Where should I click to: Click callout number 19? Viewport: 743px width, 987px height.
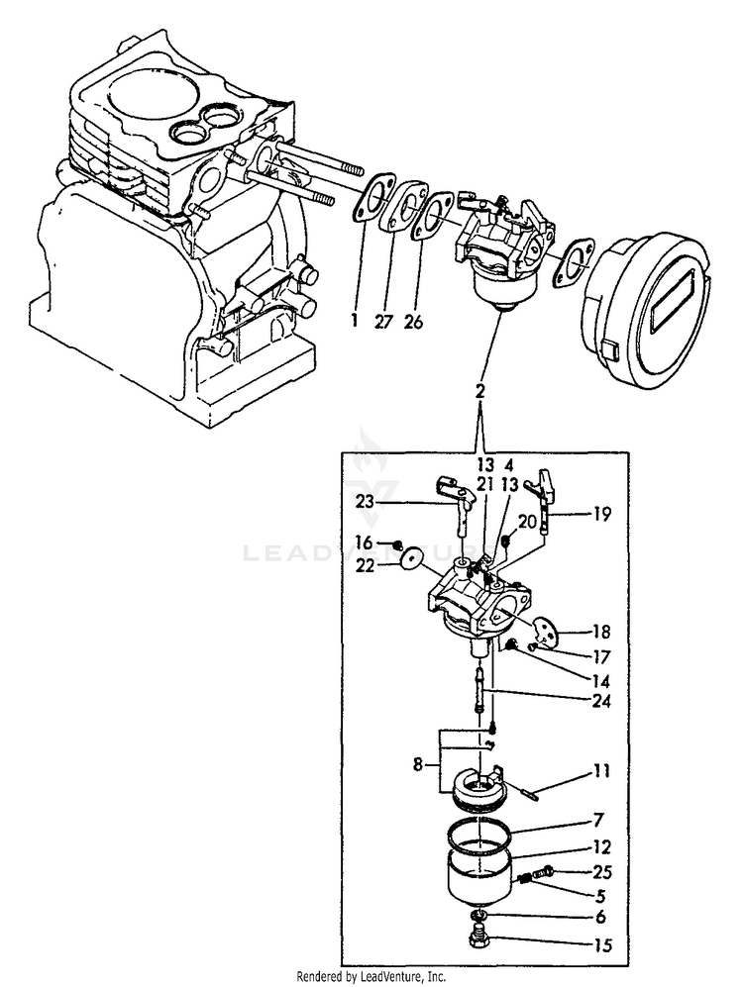pos(601,514)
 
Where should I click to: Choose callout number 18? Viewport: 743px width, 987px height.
pos(600,631)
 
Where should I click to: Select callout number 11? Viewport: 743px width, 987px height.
pos(600,769)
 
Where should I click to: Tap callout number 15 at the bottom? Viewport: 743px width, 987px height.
pos(600,944)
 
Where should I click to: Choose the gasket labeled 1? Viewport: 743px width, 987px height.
pos(373,198)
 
